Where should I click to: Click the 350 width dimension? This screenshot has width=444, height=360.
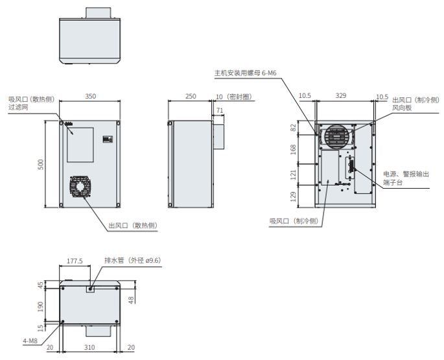pyautogui.click(x=91, y=96)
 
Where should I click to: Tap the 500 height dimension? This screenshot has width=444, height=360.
pyautogui.click(x=40, y=165)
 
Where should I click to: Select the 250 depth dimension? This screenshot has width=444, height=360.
pyautogui.click(x=191, y=96)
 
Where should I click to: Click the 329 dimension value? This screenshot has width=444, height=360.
pyautogui.click(x=341, y=96)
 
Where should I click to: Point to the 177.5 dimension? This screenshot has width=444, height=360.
pyautogui.click(x=75, y=261)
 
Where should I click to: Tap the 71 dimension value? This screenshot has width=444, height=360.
pyautogui.click(x=220, y=111)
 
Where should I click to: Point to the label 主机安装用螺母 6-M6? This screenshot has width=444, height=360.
pyautogui.click(x=246, y=73)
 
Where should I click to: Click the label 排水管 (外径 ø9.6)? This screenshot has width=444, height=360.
pyautogui.click(x=132, y=261)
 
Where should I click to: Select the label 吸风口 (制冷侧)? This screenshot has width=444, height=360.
pyautogui.click(x=294, y=221)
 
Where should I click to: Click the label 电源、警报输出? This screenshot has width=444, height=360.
pyautogui.click(x=406, y=174)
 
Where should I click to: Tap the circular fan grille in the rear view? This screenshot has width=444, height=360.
pyautogui.click(x=336, y=137)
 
